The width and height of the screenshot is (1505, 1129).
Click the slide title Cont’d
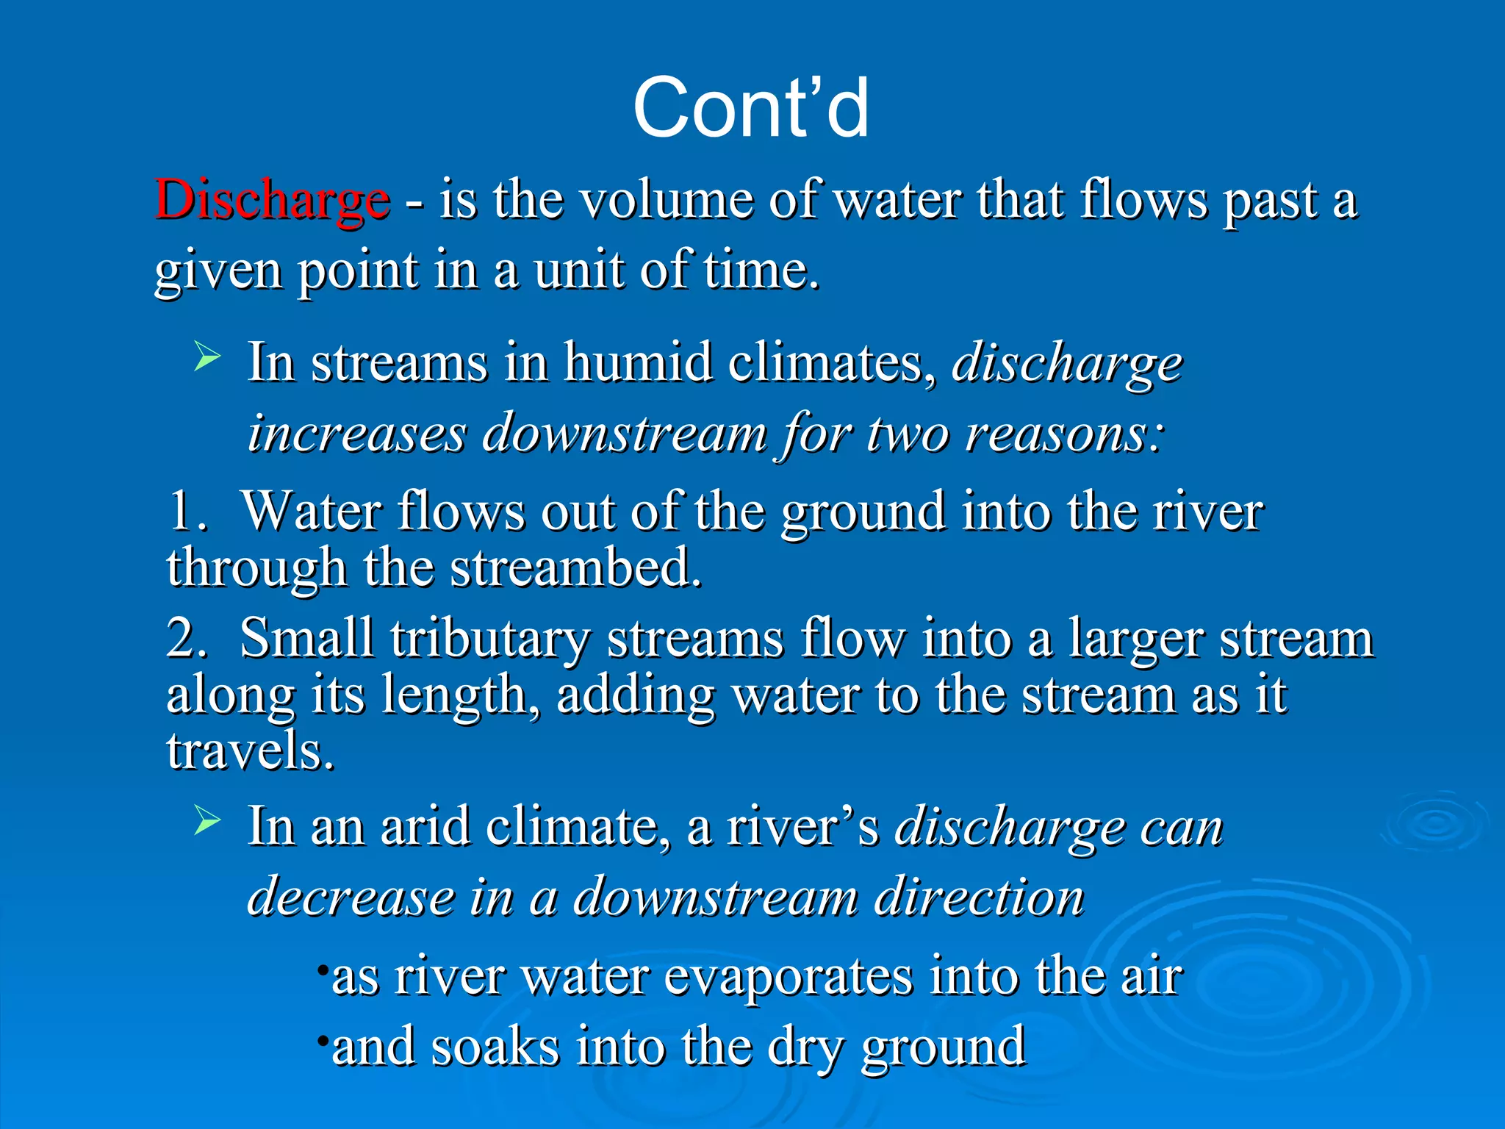tap(751, 109)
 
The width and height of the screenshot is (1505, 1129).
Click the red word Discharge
tap(272, 200)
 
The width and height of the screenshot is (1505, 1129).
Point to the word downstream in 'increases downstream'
tap(624, 434)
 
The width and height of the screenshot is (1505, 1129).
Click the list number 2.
tap(184, 638)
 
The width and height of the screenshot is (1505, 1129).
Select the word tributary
tap(489, 638)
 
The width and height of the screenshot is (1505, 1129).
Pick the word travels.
tap(250, 751)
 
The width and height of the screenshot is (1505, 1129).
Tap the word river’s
tap(802, 827)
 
